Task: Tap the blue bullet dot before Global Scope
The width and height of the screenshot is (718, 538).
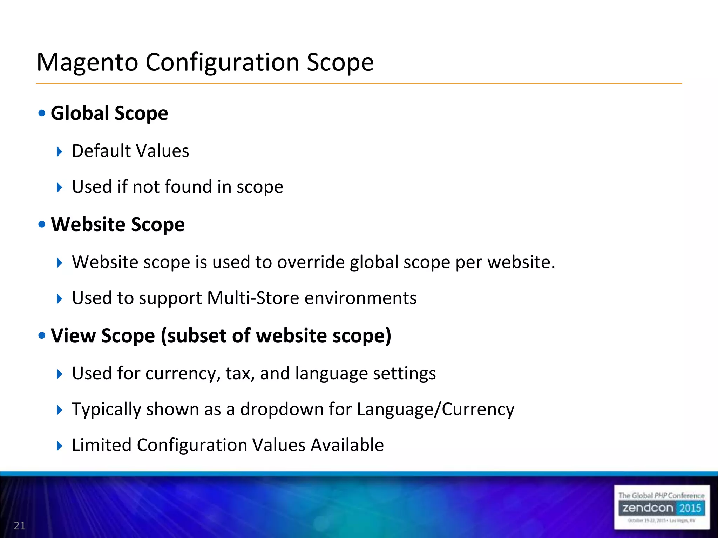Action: point(42,113)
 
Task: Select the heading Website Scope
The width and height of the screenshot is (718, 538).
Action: point(118,224)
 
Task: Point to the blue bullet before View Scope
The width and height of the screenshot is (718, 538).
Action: point(42,336)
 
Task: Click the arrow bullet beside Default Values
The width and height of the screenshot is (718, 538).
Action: point(60,152)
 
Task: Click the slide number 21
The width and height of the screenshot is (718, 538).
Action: point(20,525)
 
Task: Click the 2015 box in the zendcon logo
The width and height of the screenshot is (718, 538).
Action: point(690,508)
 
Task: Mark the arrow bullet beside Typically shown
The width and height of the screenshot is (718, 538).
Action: point(60,410)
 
